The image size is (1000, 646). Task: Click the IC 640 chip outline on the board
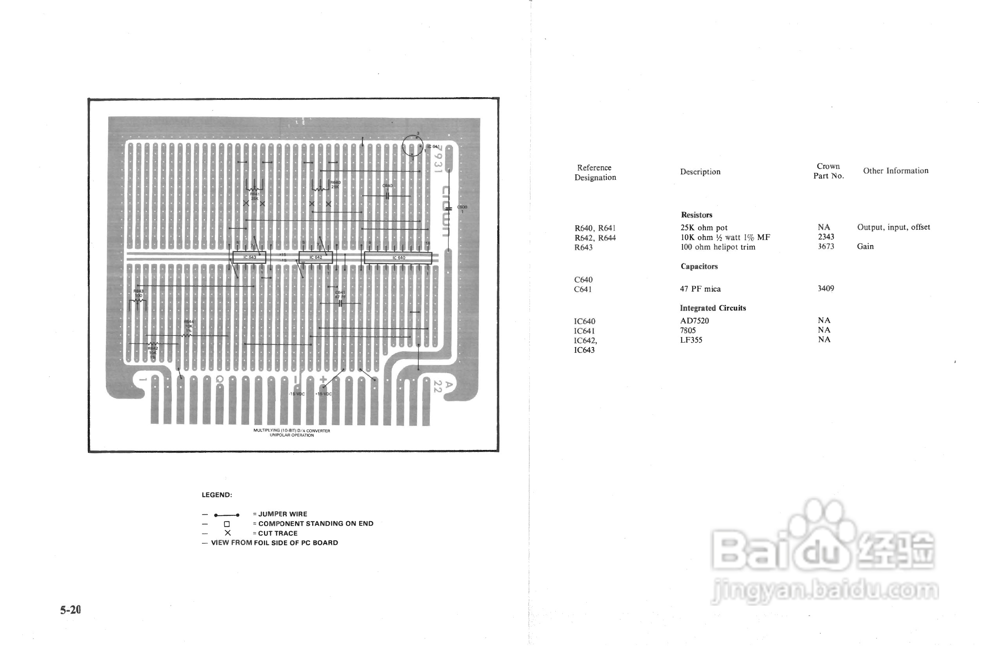click(397, 258)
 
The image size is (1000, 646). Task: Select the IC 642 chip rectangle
click(316, 258)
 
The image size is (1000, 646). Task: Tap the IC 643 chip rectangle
click(249, 258)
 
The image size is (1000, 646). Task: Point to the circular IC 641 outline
click(413, 146)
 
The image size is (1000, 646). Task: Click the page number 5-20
click(71, 610)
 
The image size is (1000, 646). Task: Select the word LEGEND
click(216, 495)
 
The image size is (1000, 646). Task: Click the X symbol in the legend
click(227, 533)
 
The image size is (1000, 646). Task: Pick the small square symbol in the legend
click(227, 524)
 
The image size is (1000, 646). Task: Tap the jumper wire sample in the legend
click(227, 515)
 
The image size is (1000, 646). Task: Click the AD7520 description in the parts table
click(695, 321)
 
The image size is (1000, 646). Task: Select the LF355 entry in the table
click(691, 340)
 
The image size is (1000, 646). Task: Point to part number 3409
click(826, 289)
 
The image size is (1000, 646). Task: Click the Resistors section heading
click(696, 215)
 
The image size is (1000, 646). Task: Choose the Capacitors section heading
click(699, 267)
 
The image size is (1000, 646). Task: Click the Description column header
click(700, 172)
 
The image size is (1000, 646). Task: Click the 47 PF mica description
click(700, 289)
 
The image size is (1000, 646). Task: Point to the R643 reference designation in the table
click(583, 247)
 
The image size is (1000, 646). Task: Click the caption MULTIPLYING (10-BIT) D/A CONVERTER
click(292, 431)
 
